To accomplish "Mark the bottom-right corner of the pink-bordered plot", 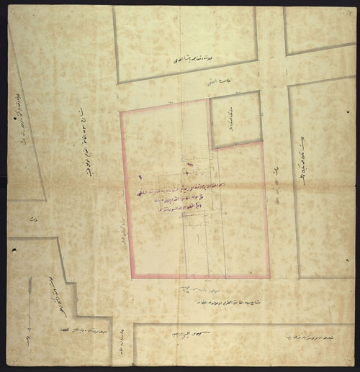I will [x=269, y=277].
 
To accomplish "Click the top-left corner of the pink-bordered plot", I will [x=121, y=112].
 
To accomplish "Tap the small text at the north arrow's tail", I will [x=29, y=335].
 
